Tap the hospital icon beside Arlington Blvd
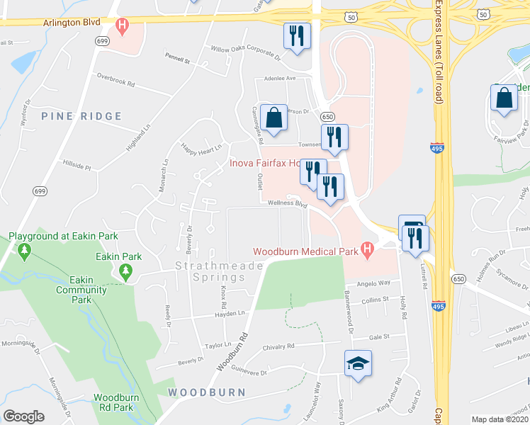point(123,28)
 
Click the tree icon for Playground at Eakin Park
point(26,250)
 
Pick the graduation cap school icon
point(358,363)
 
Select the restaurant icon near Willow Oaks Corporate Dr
point(297,36)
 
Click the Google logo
point(23,416)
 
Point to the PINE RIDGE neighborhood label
point(72,115)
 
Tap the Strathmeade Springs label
point(219,266)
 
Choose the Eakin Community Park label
point(72,290)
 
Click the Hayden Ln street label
point(230,313)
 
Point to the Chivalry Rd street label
point(280,346)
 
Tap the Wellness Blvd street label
point(288,203)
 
